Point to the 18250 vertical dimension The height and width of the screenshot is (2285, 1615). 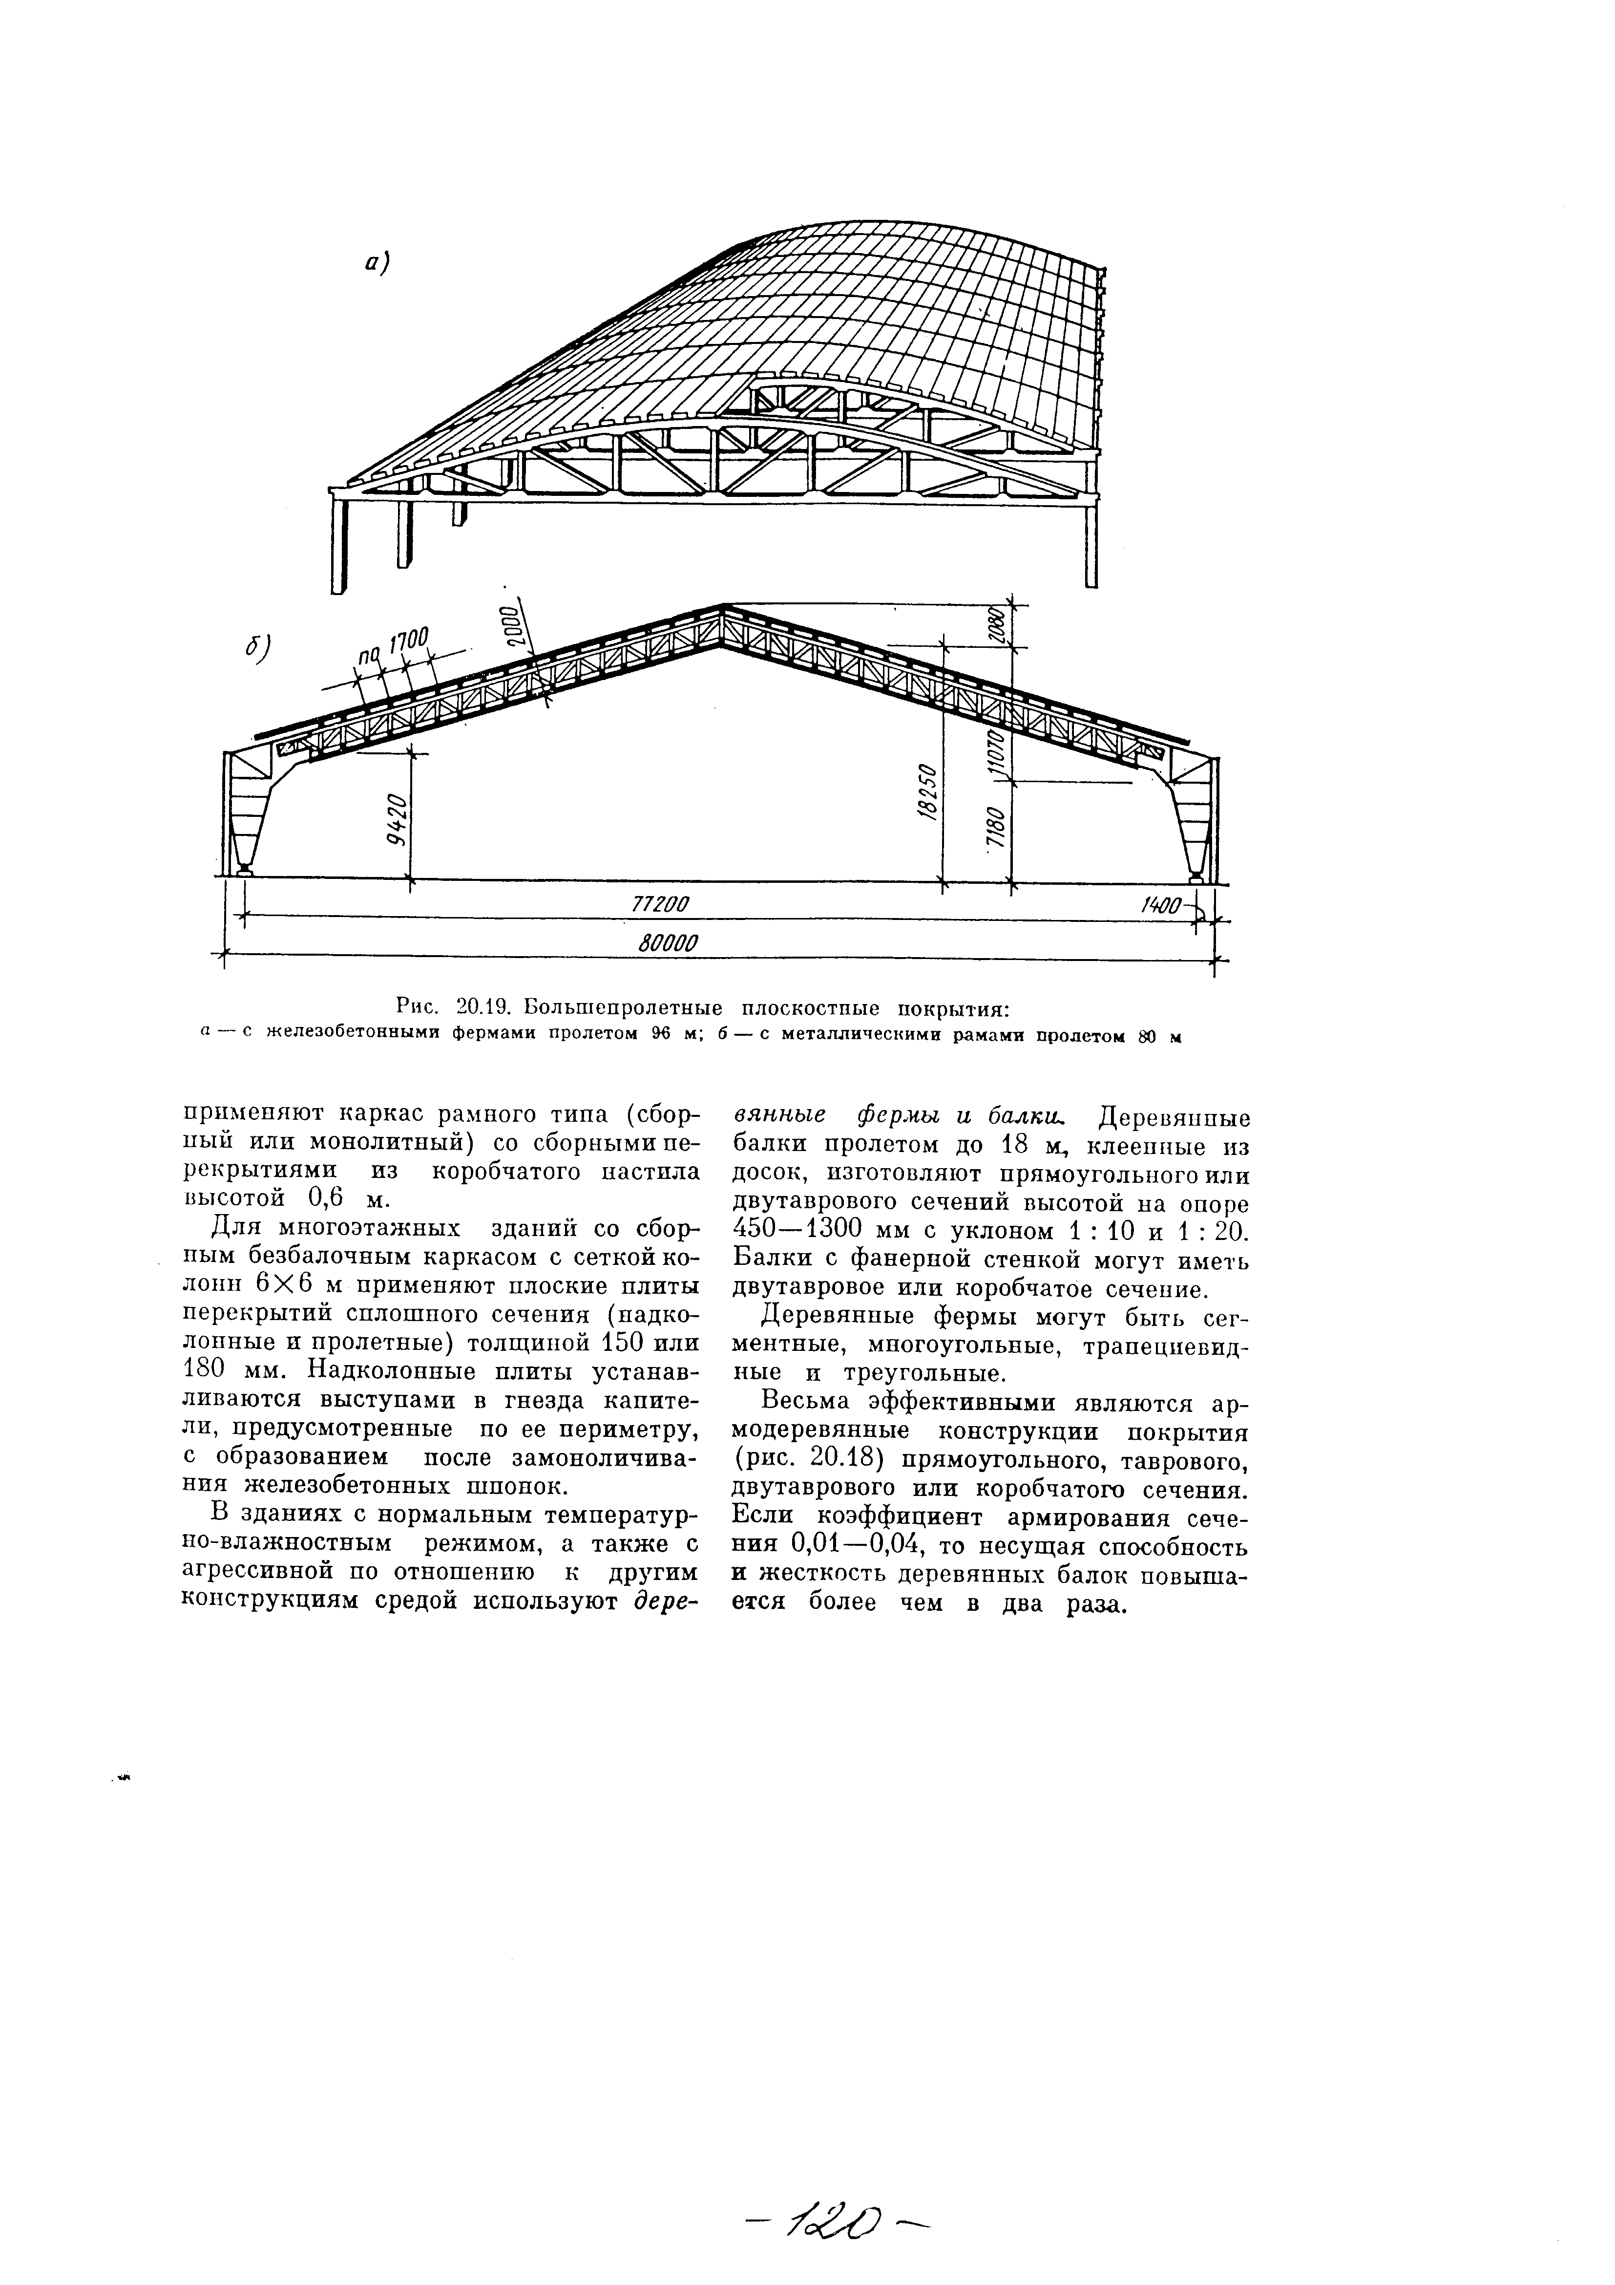point(925,793)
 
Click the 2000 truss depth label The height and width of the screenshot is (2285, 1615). point(509,625)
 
